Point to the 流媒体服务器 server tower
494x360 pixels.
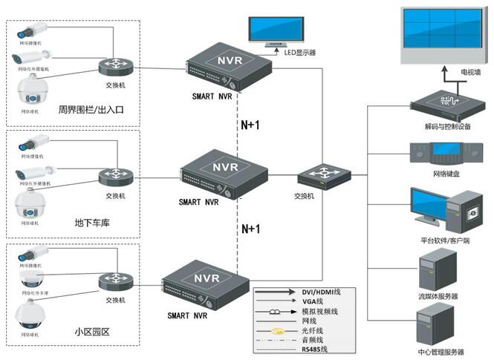[435, 270]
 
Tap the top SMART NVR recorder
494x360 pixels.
[222, 69]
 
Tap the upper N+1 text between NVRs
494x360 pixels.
[251, 125]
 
